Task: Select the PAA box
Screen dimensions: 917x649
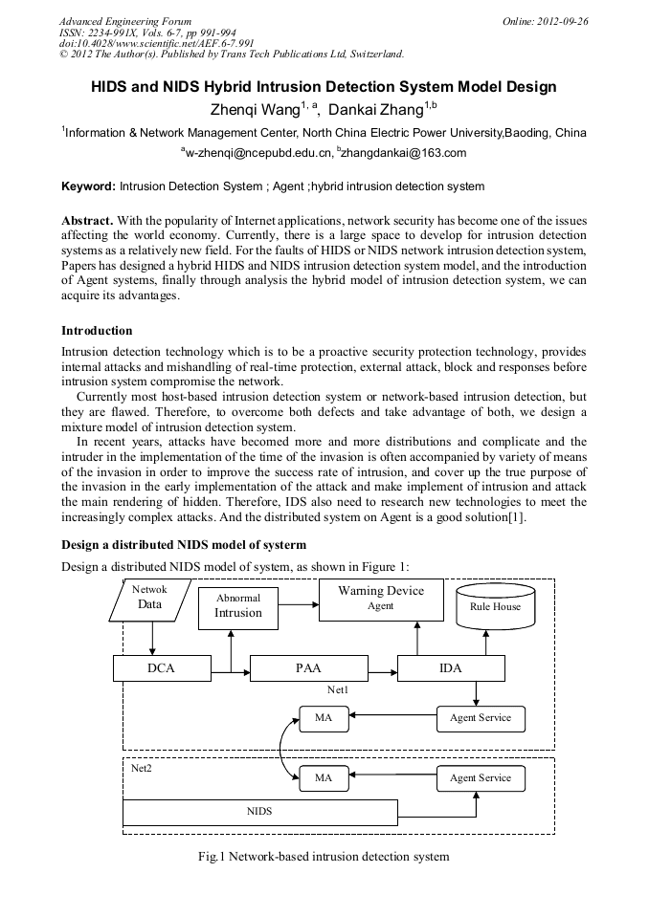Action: (x=308, y=667)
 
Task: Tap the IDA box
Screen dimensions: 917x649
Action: (x=450, y=667)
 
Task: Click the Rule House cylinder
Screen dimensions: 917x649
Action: (x=495, y=606)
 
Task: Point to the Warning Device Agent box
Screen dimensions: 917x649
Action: (x=381, y=599)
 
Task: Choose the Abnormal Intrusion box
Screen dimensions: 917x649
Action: (x=237, y=607)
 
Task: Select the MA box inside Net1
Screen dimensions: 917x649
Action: (x=324, y=718)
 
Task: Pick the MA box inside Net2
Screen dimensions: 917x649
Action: (x=324, y=778)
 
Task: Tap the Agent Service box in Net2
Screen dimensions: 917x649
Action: (x=481, y=778)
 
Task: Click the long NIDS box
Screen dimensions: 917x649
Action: (x=259, y=812)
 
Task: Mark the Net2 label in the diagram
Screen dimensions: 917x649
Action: (x=141, y=767)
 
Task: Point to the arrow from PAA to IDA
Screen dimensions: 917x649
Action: (x=382, y=667)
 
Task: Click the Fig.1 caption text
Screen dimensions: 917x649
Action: (x=324, y=857)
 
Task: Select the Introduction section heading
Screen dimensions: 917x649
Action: (x=97, y=331)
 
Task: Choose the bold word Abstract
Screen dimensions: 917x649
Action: (x=87, y=220)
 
